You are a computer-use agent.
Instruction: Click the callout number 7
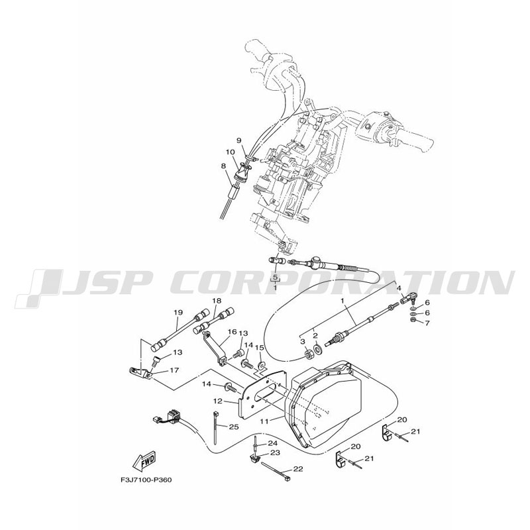click(427, 323)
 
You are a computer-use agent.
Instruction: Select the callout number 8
click(224, 166)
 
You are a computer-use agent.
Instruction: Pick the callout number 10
click(230, 152)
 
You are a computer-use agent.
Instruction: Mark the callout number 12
click(217, 401)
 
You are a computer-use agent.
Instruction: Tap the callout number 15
click(260, 348)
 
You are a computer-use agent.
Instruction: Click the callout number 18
click(215, 301)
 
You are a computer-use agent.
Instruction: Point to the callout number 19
click(178, 312)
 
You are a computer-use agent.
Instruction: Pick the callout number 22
click(297, 469)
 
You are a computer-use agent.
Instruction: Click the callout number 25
click(234, 427)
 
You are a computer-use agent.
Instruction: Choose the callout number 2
click(315, 336)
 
